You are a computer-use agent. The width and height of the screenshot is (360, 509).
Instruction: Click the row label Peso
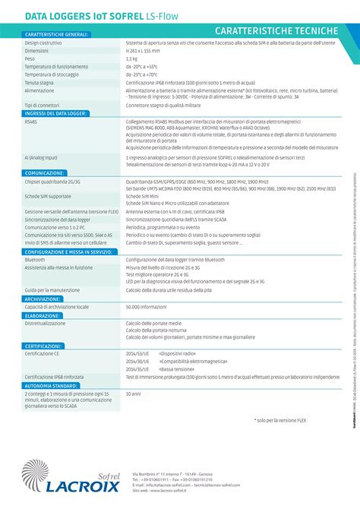(x=30, y=58)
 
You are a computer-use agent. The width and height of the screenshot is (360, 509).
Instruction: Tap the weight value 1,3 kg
(x=131, y=58)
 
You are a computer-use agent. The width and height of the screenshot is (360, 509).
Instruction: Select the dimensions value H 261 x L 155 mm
(x=144, y=51)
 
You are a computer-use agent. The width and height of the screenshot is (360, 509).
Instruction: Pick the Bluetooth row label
(x=35, y=260)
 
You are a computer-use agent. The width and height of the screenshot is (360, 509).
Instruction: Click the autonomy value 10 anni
(x=133, y=394)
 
